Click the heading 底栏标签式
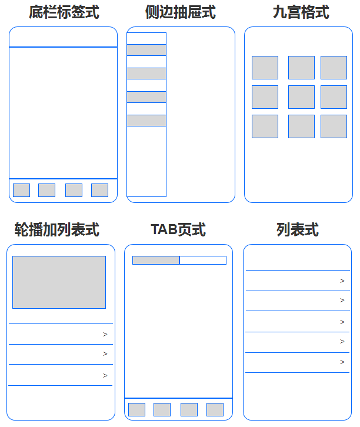pos(64,12)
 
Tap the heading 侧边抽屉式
pos(181,12)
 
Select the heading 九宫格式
pos(301,12)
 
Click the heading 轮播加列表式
pos(56,229)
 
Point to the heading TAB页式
pos(178,229)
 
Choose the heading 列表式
pos(298,229)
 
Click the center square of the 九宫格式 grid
pos(301,97)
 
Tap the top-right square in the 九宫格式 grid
pos(334,68)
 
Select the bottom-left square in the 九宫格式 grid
pos(265,126)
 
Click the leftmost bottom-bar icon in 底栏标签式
pos(21,190)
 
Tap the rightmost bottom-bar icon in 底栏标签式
pos(99,190)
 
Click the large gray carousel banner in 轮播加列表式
pos(59,282)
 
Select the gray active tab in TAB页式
pos(156,260)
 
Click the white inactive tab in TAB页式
pos(203,260)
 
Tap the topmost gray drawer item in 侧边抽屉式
pos(146,50)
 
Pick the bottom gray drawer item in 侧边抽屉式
pos(146,121)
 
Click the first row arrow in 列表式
pos(342,281)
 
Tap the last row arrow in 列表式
pos(342,362)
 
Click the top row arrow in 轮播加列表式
pos(105,335)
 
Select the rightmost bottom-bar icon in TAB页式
pos(215,409)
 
